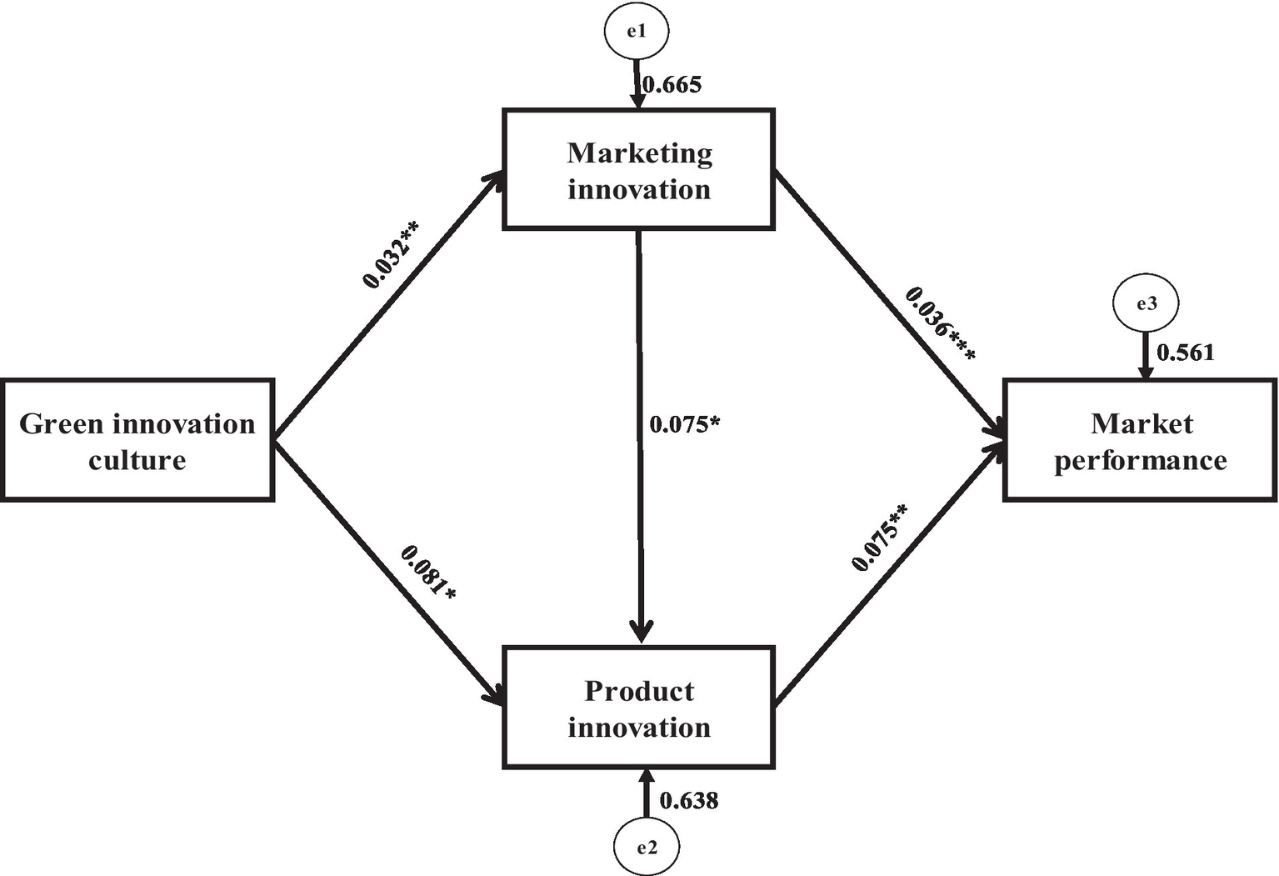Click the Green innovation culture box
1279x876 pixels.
point(137,440)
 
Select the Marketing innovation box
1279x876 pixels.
point(639,169)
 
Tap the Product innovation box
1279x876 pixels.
point(639,707)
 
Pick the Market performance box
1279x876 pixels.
point(1140,440)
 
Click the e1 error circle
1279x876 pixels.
point(637,31)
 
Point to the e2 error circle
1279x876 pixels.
point(647,848)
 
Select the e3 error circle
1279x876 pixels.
point(1147,303)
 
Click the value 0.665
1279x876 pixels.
point(672,84)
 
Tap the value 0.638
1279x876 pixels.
point(689,800)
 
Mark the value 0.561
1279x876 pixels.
point(1186,353)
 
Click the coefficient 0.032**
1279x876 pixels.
point(390,253)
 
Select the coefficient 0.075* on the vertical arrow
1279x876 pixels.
point(684,424)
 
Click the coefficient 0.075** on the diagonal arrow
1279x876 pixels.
point(879,538)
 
